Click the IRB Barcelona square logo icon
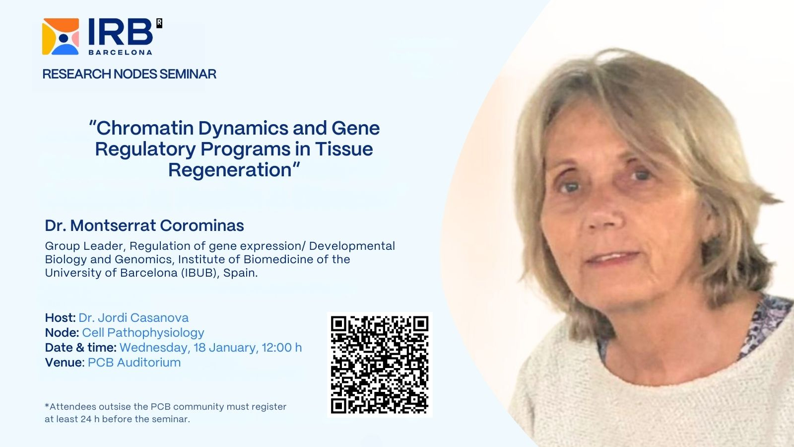(60, 37)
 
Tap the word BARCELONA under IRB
(120, 52)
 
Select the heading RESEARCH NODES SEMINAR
(130, 74)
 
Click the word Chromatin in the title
(146, 128)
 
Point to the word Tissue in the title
(344, 149)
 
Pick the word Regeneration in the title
(230, 170)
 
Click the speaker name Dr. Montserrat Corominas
(144, 225)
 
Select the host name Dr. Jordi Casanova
(133, 317)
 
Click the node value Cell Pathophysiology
(143, 333)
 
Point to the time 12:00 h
(282, 347)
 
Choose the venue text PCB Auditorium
(134, 362)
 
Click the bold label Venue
(64, 362)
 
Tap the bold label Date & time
(80, 347)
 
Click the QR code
(380, 365)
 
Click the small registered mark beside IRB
(159, 23)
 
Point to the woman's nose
(601, 213)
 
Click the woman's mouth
(612, 258)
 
